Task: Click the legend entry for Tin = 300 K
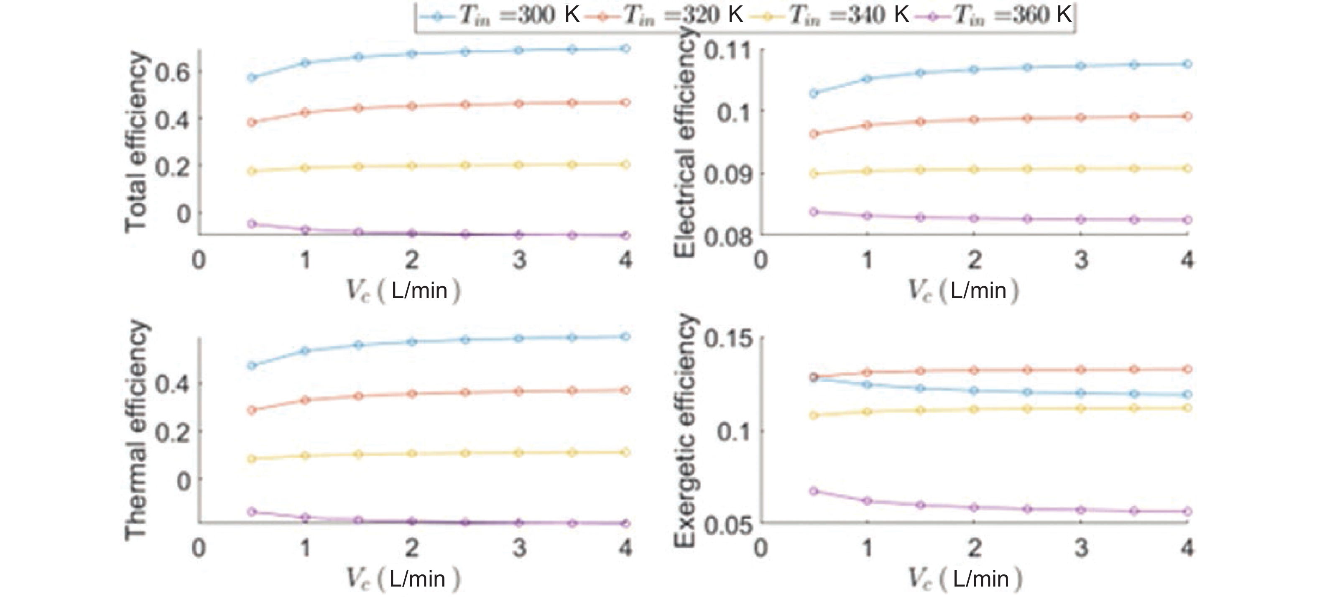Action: click(x=498, y=15)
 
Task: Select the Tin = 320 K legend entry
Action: click(x=663, y=15)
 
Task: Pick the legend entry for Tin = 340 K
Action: click(x=828, y=15)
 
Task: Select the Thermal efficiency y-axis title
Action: click(x=135, y=429)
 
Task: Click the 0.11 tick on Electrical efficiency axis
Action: click(x=727, y=51)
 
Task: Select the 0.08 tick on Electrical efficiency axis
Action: click(x=727, y=237)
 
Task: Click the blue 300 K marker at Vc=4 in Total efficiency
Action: click(x=625, y=48)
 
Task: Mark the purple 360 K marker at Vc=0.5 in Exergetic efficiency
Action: click(x=814, y=491)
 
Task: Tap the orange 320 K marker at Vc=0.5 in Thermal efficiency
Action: click(x=252, y=410)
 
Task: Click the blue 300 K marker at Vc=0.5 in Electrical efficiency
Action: click(x=814, y=93)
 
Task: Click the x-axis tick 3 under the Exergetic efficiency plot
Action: click(x=1081, y=548)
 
